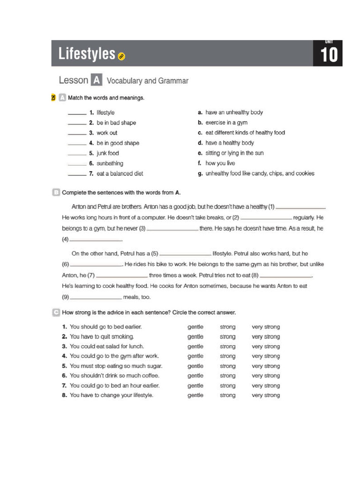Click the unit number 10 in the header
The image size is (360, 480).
point(329,55)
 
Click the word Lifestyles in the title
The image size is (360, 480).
point(87,54)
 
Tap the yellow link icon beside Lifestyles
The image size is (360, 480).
point(122,57)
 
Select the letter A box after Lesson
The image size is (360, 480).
point(96,81)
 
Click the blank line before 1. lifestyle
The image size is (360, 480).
point(77,113)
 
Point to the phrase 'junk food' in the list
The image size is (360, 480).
point(108,153)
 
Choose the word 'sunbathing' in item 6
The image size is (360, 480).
point(110,164)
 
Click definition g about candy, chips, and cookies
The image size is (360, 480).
point(260,173)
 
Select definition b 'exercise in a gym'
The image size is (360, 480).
point(226,123)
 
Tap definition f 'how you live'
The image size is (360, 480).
point(220,164)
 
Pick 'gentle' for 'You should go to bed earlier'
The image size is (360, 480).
point(195,327)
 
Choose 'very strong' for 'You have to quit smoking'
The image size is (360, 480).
point(265,337)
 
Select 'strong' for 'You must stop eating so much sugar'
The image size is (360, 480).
point(228,366)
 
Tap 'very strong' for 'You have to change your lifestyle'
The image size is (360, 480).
point(265,396)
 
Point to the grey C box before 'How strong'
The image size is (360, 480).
point(56,312)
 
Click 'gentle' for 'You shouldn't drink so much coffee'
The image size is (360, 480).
point(195,376)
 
